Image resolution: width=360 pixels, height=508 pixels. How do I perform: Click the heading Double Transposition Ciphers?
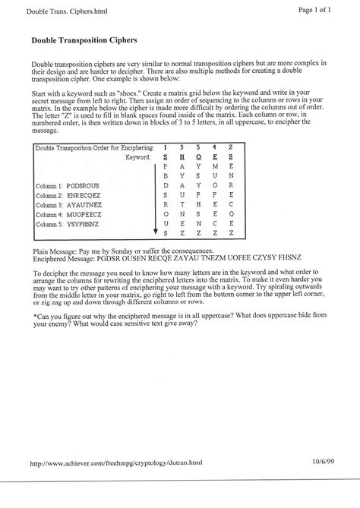click(x=84, y=39)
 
